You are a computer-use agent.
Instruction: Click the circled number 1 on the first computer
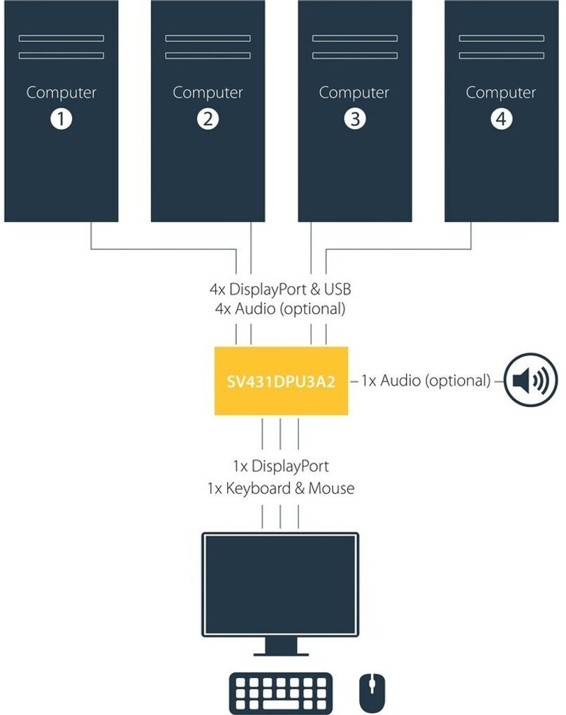(61, 119)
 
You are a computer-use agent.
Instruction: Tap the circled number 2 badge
(208, 119)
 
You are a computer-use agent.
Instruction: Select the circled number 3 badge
(354, 119)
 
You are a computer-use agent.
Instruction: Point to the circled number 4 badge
(501, 119)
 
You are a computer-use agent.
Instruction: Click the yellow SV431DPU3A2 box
(281, 381)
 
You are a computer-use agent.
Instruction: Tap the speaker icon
(531, 381)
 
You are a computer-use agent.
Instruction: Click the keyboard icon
(280, 693)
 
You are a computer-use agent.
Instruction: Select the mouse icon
(372, 692)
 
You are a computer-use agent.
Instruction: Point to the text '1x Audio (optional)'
(426, 381)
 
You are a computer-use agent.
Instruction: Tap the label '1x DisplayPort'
(280, 466)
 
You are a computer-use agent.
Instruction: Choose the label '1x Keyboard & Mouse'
(280, 488)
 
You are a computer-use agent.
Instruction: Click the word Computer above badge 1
(61, 92)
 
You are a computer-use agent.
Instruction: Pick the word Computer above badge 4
(501, 92)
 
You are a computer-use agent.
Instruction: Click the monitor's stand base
(280, 654)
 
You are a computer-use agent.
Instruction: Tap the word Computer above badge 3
(354, 92)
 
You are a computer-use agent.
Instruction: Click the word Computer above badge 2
(208, 92)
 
